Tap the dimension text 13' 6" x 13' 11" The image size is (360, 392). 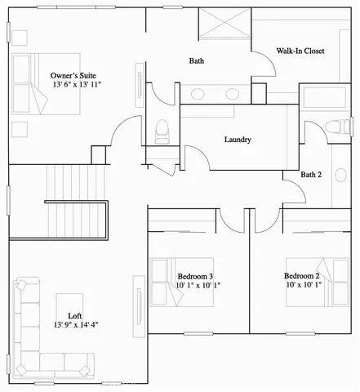78,84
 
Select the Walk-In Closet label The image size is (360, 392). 300,51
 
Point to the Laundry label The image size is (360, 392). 238,140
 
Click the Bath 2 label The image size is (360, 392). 311,174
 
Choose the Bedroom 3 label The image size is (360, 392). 195,276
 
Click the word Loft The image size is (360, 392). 75,315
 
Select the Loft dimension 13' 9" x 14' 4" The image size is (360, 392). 76,325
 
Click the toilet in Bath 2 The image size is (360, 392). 333,127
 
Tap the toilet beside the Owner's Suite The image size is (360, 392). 162,129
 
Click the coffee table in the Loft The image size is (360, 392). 68,310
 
